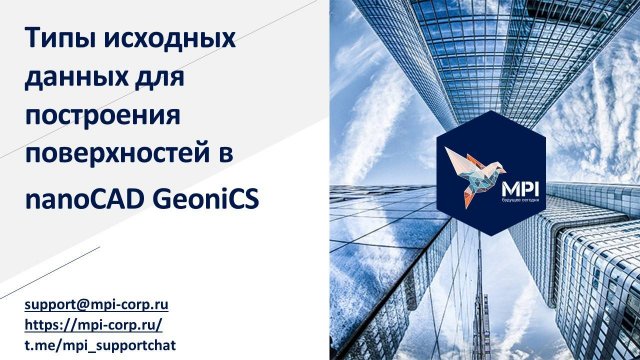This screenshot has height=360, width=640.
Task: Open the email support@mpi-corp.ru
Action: (x=96, y=302)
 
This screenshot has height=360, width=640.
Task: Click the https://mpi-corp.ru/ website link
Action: (x=93, y=323)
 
